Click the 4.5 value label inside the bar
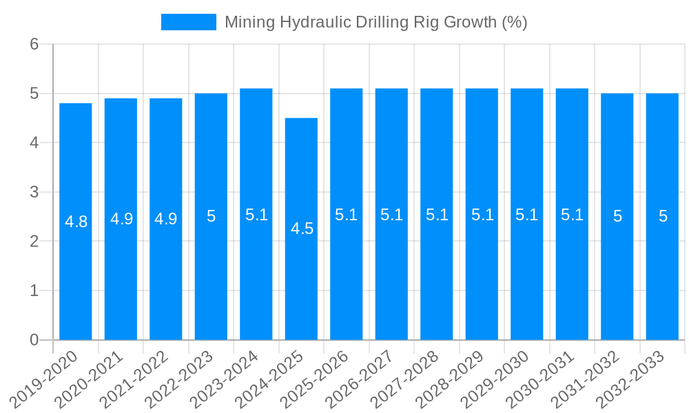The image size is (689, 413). click(x=302, y=229)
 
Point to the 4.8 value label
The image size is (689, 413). click(x=76, y=222)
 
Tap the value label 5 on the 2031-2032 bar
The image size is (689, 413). click(x=617, y=216)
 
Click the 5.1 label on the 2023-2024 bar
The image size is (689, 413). click(x=256, y=215)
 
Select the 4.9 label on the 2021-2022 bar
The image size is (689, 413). click(x=166, y=219)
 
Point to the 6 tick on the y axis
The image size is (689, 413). click(x=34, y=44)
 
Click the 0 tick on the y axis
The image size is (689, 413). click(x=34, y=340)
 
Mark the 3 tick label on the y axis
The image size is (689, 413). click(x=34, y=192)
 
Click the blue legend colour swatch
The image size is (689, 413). click(x=188, y=22)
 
